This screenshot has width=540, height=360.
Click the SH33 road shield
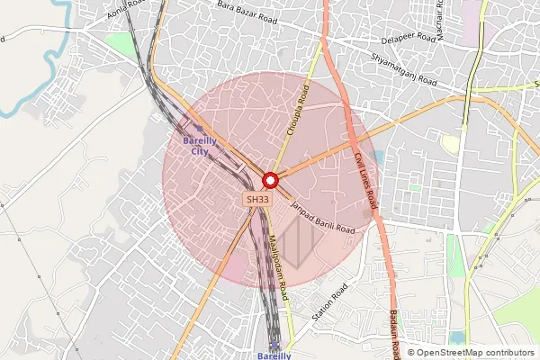tap(257, 199)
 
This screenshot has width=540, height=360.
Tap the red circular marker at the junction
tap(269, 179)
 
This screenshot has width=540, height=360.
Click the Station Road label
tap(329, 303)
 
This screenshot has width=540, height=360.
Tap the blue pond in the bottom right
tap(458, 337)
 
